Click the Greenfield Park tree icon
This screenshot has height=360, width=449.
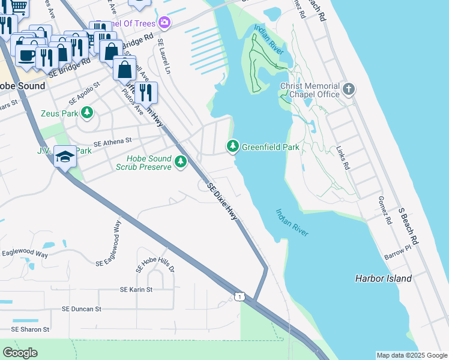(x=232, y=146)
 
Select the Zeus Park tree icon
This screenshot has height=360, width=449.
(x=87, y=113)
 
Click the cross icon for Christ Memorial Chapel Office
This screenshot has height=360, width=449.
(x=349, y=90)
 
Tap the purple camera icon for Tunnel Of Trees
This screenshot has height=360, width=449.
(x=164, y=23)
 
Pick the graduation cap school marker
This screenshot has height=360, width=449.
(x=65, y=157)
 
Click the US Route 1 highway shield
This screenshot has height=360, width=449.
(x=240, y=296)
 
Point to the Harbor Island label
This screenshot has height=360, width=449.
(x=383, y=278)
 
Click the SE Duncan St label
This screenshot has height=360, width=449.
(x=81, y=309)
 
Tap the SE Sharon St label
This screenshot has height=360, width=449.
(x=30, y=329)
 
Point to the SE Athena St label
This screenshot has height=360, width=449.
(x=112, y=141)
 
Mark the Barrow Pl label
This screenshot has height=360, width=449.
(x=399, y=252)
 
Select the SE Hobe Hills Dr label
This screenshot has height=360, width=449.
(x=155, y=260)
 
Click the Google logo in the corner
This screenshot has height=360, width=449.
(x=20, y=353)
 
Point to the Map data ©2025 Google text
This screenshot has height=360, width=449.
(x=412, y=355)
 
